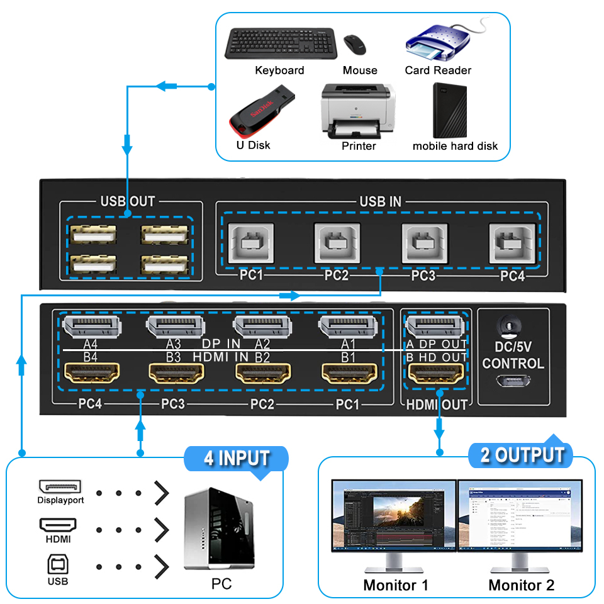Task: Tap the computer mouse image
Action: [355, 44]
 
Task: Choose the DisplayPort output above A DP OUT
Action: [435, 327]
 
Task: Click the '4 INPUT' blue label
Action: [237, 458]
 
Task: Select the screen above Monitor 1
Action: [394, 515]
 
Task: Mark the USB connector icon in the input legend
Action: [58, 564]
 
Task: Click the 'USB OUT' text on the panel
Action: [128, 201]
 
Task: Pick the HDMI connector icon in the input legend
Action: [58, 524]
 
